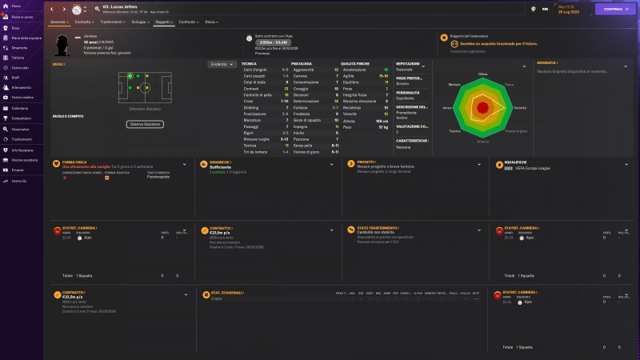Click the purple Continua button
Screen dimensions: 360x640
[x=614, y=9]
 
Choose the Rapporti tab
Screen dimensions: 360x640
[x=165, y=22]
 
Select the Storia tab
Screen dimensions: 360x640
[x=210, y=22]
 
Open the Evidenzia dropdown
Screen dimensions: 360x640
[x=222, y=63]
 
